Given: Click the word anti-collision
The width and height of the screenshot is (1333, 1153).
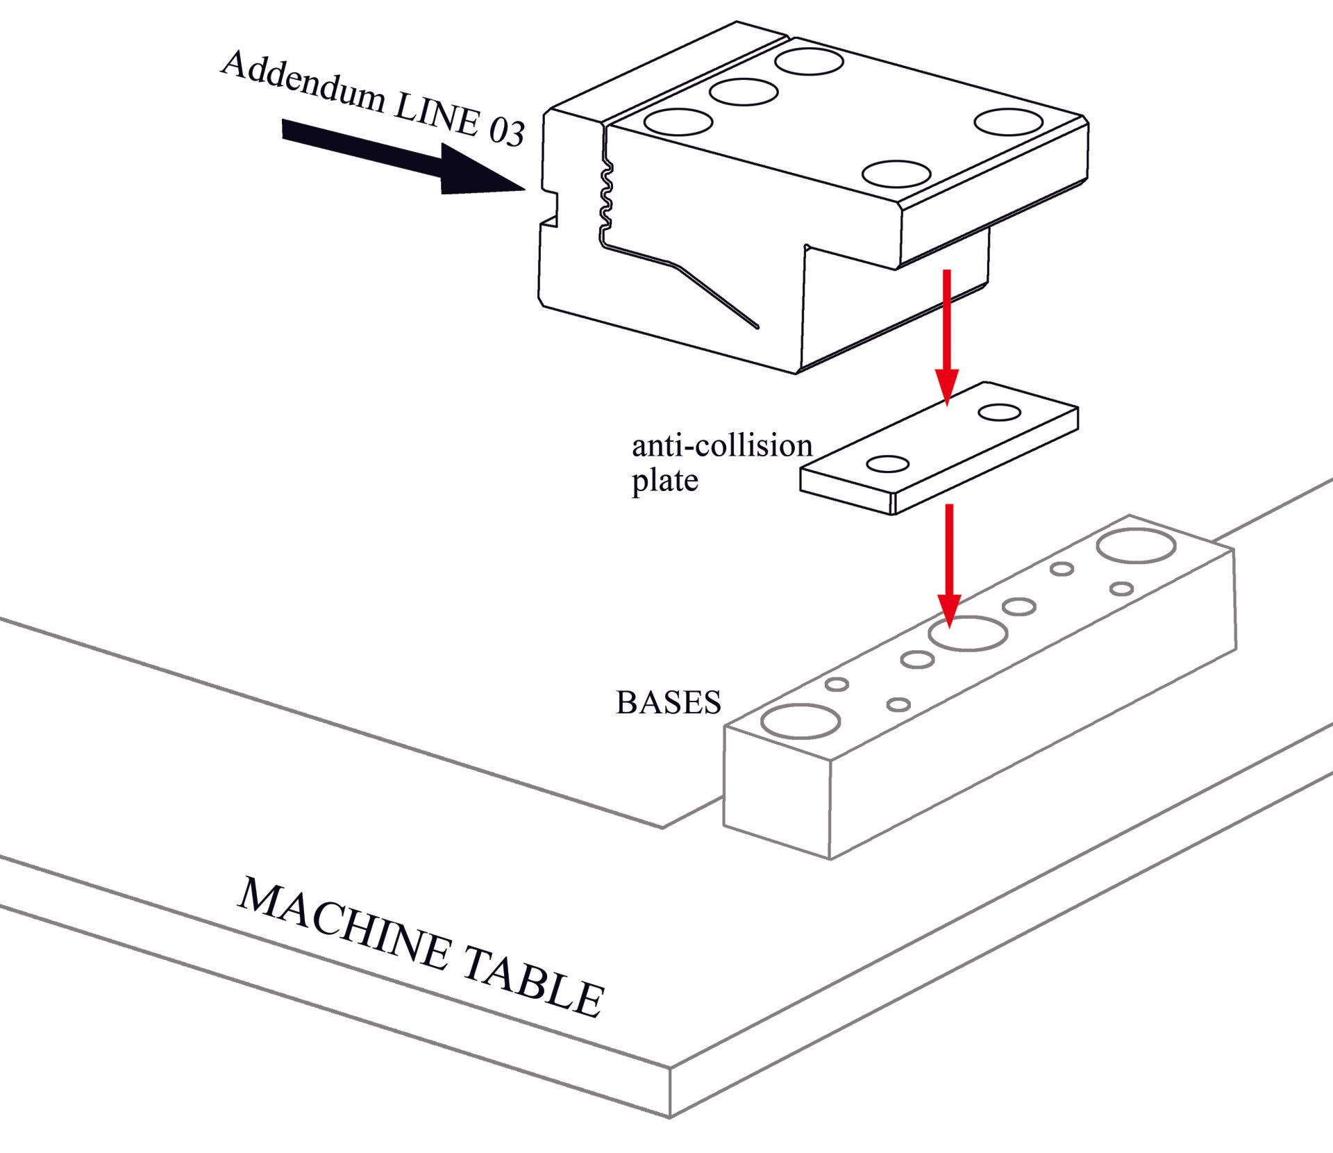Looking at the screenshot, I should [721, 446].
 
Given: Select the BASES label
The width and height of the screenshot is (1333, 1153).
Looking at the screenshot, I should [668, 703].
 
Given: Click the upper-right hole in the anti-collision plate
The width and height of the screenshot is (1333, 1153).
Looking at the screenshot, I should [999, 413].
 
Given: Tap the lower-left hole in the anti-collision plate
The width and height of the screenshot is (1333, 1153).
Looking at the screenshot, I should [889, 463].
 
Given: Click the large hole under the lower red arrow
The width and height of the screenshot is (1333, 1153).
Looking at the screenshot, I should [968, 633].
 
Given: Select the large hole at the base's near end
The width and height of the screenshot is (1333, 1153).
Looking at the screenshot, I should [800, 720].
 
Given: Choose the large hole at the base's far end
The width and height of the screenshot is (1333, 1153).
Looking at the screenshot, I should [1136, 546].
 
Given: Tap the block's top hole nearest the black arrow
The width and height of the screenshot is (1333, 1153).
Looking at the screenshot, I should [678, 122].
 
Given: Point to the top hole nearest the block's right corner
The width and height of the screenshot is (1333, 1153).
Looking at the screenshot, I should [1009, 122].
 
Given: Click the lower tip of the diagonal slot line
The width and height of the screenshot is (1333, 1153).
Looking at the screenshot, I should [757, 326].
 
